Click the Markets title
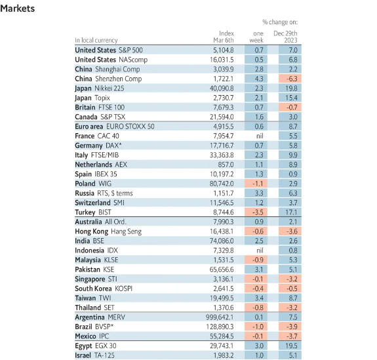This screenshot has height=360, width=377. [x=17, y=9]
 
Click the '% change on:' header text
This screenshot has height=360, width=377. [x=280, y=22]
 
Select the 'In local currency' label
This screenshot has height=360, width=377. [x=96, y=40]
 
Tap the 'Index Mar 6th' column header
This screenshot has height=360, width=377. [x=224, y=37]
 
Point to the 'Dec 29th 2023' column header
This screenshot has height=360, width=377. [x=285, y=37]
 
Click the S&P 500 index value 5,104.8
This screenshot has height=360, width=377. [x=224, y=50]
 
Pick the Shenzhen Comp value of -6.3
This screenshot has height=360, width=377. [x=292, y=79]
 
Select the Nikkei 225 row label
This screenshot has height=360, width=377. [x=100, y=89]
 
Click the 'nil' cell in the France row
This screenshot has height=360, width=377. [x=260, y=136]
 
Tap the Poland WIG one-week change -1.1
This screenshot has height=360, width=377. [x=258, y=184]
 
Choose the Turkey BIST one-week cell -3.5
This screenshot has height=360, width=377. [x=258, y=212]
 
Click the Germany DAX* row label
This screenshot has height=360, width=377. [x=98, y=146]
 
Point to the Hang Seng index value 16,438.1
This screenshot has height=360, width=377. [x=222, y=231]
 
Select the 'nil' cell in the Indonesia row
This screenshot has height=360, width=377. [x=260, y=250]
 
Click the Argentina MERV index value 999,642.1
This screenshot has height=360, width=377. [x=220, y=317]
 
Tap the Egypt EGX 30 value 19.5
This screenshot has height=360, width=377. [x=291, y=346]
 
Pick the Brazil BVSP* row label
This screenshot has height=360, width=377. [x=94, y=327]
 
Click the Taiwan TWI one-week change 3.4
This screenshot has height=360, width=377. [x=259, y=298]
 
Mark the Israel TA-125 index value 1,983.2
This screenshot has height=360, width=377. [x=224, y=355]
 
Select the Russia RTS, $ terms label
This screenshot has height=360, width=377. [x=104, y=193]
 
